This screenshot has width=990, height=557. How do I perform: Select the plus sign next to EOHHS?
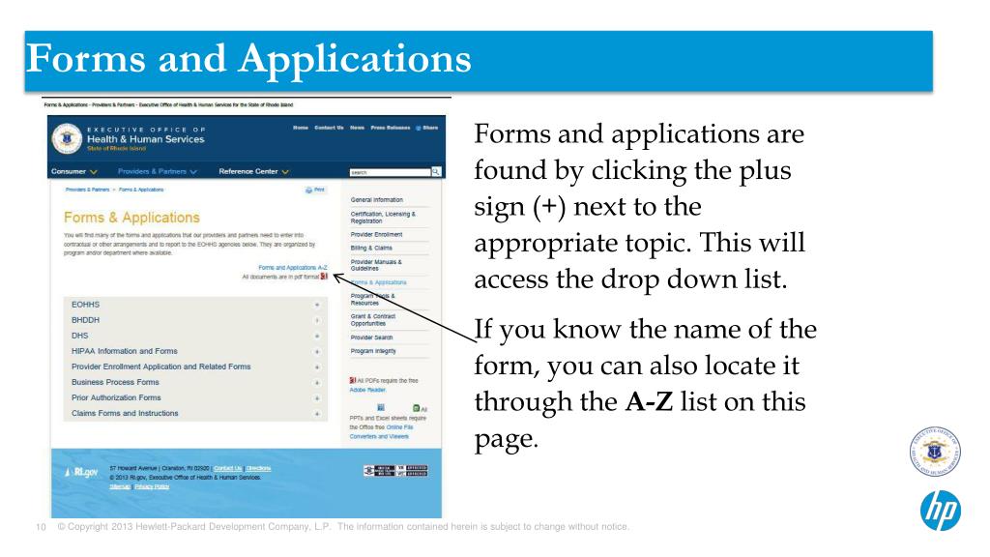point(316,304)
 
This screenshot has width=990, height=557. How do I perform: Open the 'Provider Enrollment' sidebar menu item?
point(377,234)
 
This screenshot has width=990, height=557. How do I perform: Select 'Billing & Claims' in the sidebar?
point(373,248)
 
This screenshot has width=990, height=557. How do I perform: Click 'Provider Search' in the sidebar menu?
point(372,337)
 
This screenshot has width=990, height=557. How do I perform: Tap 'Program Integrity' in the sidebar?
point(373,351)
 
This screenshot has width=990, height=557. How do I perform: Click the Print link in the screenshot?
point(315,191)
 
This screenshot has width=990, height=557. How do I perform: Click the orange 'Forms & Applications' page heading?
point(132,218)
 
